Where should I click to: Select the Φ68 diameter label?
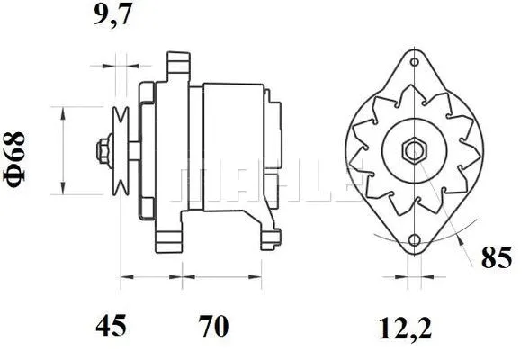click(17, 160)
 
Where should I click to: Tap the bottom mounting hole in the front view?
click(414, 240)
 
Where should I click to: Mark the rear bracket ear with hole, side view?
click(268, 236)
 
